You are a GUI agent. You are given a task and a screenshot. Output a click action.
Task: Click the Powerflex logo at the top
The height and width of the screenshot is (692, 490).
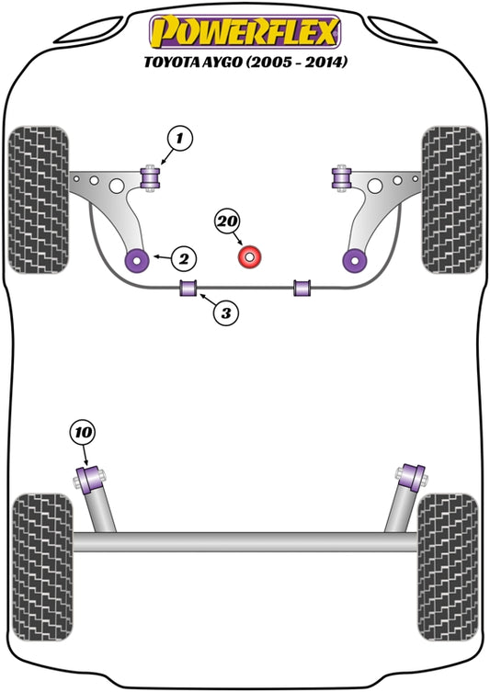(x=245, y=31)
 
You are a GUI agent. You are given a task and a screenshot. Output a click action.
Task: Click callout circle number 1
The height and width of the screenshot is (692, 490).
(x=180, y=141)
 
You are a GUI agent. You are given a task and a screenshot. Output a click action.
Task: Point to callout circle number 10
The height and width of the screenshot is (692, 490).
(x=83, y=432)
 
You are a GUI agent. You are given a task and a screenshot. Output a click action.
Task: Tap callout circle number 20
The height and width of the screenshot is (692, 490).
(x=227, y=221)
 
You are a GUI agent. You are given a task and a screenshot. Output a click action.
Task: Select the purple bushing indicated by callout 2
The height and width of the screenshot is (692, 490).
(x=142, y=258)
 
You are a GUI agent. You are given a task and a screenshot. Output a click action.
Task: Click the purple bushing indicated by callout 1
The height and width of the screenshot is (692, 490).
(x=150, y=173)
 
